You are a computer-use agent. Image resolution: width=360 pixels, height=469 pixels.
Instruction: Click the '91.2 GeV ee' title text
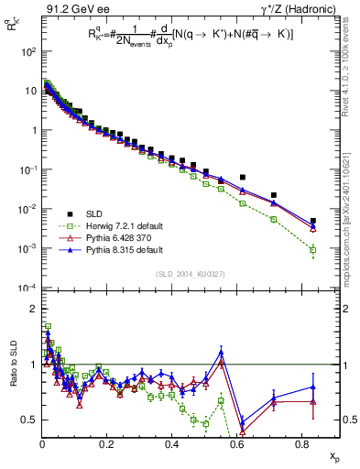(x=70, y=9)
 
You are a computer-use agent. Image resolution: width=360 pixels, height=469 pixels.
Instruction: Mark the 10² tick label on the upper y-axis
(x=27, y=51)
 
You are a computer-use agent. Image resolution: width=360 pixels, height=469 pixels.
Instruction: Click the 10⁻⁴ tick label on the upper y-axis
(x=27, y=288)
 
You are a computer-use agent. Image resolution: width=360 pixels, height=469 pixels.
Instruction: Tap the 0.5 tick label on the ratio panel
(x=27, y=420)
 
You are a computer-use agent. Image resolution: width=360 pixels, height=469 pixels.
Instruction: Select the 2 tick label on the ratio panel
(x=31, y=309)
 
